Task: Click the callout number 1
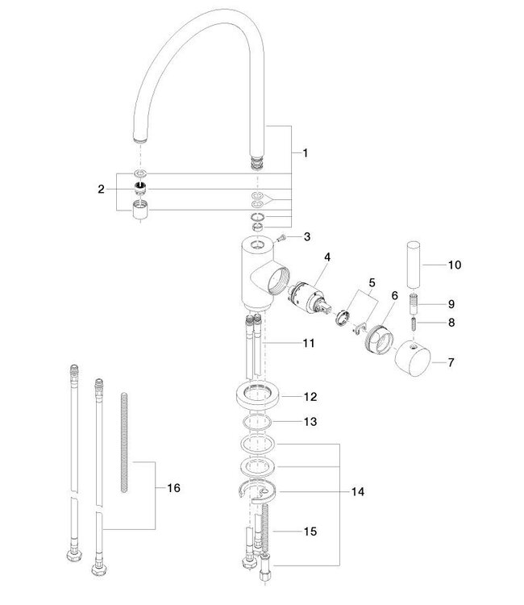coord(305,152)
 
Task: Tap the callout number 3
coord(307,236)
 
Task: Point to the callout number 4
coord(328,257)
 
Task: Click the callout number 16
coord(173,489)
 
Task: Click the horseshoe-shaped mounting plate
coord(257,495)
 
